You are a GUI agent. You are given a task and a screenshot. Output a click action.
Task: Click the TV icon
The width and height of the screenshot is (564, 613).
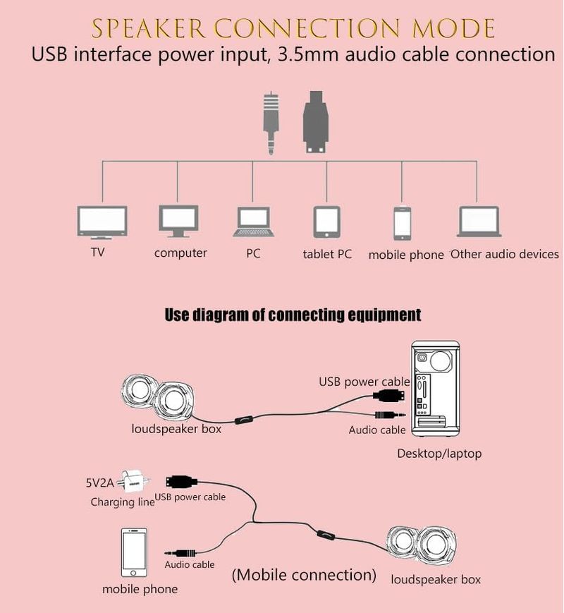point(102,221)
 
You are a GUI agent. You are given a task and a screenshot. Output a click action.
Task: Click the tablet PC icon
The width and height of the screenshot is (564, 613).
point(327,223)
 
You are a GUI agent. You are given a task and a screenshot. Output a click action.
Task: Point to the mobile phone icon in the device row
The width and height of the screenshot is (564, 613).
point(402,224)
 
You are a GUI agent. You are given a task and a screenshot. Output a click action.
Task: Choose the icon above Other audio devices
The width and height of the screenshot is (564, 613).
point(479,221)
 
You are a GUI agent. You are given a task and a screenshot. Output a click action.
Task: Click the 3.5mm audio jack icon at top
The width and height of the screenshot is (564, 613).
point(272,124)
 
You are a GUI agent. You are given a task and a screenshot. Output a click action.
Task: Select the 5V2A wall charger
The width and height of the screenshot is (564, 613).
point(134,483)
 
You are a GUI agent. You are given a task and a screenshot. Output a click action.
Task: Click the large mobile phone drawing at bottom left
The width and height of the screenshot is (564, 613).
point(135,552)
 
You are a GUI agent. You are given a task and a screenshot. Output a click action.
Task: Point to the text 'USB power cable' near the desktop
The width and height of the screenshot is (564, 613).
point(364,382)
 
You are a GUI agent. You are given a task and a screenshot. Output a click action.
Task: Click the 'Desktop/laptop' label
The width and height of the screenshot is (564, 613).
point(439,453)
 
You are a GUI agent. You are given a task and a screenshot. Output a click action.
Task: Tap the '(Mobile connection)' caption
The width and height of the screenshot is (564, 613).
point(304,575)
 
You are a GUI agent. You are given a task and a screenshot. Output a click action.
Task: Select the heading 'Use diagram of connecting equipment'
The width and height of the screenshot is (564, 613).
point(293,315)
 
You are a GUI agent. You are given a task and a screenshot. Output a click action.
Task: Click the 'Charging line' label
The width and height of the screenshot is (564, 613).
point(122,502)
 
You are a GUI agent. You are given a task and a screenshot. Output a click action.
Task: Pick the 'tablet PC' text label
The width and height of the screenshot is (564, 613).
point(327,254)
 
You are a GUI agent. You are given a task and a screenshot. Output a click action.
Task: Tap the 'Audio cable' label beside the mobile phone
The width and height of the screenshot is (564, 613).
point(190,564)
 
